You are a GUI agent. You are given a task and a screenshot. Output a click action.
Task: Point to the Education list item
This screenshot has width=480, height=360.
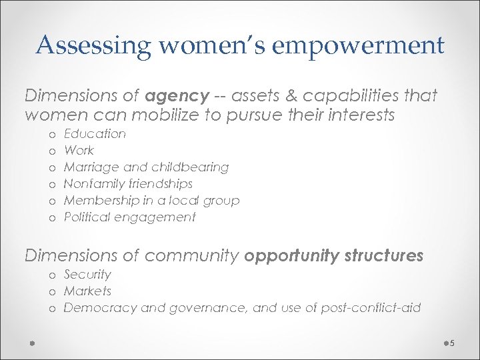tap(95, 134)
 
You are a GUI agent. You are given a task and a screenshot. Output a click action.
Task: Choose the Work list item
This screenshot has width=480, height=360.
tap(79, 151)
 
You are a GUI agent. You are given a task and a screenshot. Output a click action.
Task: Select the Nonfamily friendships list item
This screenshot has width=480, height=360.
tap(128, 184)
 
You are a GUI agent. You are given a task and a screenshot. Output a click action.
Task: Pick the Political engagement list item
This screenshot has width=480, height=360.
tap(129, 217)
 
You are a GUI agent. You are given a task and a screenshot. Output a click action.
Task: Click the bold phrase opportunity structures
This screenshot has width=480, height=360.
tap(334, 255)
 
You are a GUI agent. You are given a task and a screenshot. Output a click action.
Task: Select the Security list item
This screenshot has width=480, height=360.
tap(87, 275)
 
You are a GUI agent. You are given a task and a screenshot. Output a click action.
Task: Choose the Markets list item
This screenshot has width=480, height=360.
tap(87, 291)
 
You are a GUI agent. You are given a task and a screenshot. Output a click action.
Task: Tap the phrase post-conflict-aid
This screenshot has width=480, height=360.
tap(370, 308)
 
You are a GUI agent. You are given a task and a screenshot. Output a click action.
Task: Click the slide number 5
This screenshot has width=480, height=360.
tap(451, 343)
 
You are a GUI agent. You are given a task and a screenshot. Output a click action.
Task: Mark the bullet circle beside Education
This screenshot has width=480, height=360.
tap(53, 135)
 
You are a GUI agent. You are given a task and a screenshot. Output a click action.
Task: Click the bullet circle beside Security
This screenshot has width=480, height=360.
tap(53, 275)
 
